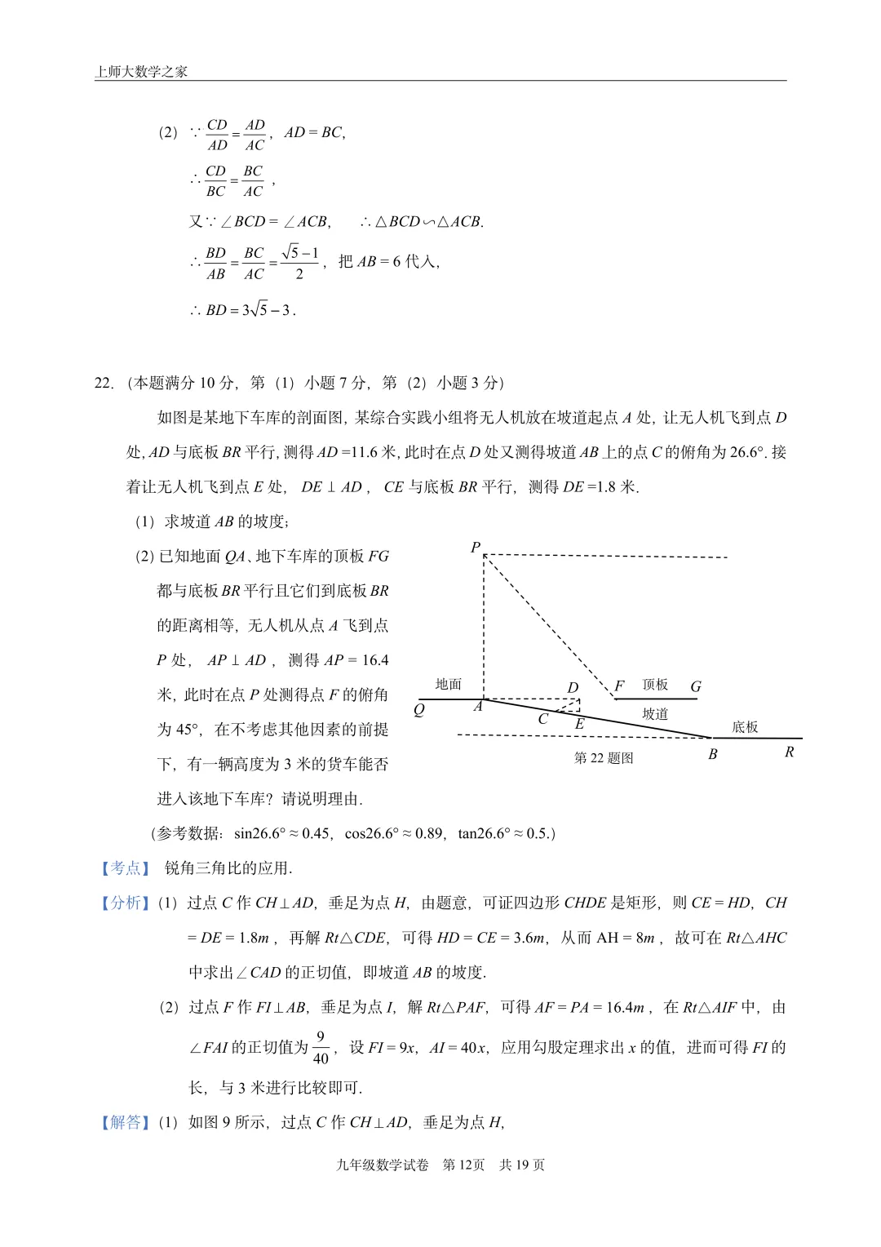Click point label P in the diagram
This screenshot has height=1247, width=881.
(476, 548)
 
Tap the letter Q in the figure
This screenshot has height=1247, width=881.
(419, 710)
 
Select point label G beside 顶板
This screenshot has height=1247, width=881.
(696, 687)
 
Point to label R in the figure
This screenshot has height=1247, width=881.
(789, 752)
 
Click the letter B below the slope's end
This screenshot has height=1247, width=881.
(712, 754)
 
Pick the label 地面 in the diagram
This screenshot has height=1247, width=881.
(449, 684)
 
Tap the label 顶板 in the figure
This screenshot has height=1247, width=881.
(655, 685)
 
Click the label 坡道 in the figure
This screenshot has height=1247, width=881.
(655, 713)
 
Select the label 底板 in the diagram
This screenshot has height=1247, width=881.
(745, 727)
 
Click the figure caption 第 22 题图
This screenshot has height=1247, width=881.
(604, 758)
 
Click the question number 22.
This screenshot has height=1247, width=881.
(104, 383)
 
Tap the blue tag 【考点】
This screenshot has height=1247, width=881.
(125, 868)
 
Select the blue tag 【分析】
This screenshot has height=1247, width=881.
(125, 903)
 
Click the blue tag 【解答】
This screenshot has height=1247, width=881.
(125, 1122)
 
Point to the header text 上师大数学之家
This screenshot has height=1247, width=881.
(141, 72)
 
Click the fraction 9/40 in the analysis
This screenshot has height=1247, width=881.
(321, 1048)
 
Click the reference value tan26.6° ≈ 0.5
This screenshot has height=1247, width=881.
(504, 833)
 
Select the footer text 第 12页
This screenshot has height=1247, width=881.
(463, 1165)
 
